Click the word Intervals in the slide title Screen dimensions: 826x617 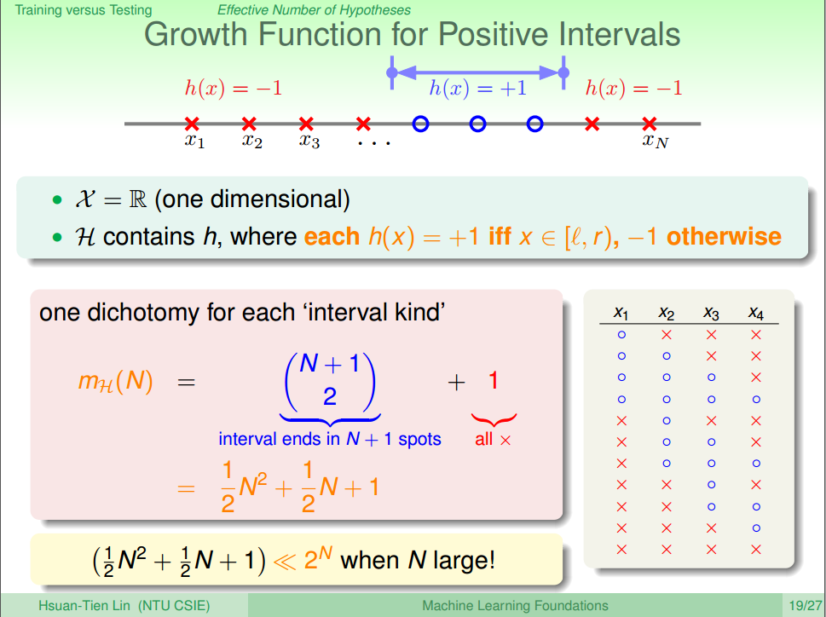[620, 35]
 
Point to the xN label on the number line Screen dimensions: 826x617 [656, 141]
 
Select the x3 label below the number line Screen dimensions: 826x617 [309, 141]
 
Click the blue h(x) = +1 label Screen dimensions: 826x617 [478, 88]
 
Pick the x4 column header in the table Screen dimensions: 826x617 [756, 314]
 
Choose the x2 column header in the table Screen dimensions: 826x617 [667, 314]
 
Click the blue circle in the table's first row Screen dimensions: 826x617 [621, 334]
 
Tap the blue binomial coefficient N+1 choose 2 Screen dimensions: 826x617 [330, 381]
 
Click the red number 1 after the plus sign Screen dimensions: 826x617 [493, 380]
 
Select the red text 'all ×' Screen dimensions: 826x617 [493, 439]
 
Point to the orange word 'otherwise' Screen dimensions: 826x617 [724, 236]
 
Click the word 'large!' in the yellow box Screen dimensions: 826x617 [464, 560]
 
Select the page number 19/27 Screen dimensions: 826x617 [806, 605]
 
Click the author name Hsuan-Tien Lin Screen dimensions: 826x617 [84, 605]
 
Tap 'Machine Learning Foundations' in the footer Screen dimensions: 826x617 [515, 606]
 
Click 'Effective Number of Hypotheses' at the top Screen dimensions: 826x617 [314, 10]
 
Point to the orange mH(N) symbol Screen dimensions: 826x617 [115, 381]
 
